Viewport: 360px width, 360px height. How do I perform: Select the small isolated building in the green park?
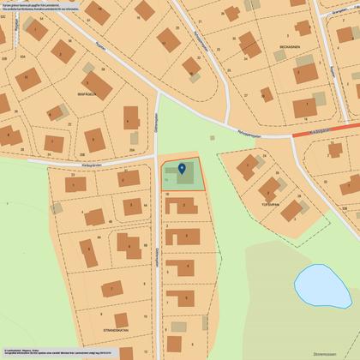click(213, 137)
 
